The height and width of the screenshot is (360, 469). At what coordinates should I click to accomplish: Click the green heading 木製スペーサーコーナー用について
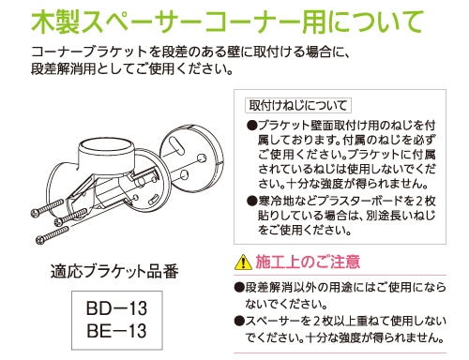227,22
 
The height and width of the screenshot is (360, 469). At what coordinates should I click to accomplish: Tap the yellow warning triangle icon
243,262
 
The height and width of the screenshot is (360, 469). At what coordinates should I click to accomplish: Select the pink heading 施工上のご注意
308,262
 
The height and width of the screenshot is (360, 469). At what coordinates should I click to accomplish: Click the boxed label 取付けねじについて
298,105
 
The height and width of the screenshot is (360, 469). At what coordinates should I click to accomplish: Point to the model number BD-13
116,308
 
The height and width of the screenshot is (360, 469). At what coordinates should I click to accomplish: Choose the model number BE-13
116,330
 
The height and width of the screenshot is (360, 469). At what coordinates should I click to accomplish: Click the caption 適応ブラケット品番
114,271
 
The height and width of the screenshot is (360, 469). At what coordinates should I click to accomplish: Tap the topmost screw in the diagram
48,207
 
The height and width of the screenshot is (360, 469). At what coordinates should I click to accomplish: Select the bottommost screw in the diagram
53,235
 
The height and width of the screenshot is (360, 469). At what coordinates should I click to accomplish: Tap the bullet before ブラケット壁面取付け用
251,126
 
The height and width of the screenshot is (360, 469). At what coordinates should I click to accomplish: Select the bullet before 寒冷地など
251,201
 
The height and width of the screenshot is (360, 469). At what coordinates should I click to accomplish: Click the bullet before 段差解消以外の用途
239,287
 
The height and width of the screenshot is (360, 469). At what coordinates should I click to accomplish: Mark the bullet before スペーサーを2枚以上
239,321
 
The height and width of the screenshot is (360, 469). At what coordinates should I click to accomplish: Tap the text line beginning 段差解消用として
132,68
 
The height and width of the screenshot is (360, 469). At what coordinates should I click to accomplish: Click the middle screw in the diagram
71,217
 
